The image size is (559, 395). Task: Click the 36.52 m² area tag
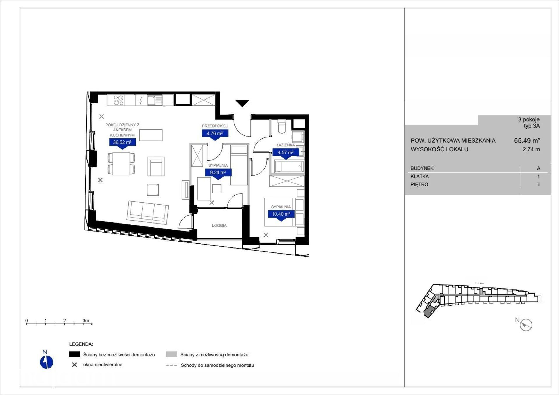tap(122, 142)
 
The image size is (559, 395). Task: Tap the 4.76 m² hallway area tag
tap(215, 134)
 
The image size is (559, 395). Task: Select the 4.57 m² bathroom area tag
tap(286, 152)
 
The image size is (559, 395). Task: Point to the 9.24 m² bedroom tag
tap(218, 172)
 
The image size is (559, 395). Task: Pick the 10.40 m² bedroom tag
tap(281, 214)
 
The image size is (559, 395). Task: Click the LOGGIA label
tap(219, 225)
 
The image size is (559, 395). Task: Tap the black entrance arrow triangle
tap(242, 103)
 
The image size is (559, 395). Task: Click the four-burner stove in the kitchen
tap(118, 100)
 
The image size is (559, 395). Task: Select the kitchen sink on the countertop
tap(154, 100)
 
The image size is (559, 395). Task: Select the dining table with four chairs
tap(121, 164)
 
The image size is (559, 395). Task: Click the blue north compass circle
tap(47, 362)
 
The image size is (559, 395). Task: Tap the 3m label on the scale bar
tap(86, 320)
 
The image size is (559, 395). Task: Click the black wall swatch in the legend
tap(74, 354)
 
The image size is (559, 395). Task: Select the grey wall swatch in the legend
tap(171, 354)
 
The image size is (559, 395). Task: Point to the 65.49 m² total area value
tap(527, 141)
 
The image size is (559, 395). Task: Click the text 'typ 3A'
tap(532, 126)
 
